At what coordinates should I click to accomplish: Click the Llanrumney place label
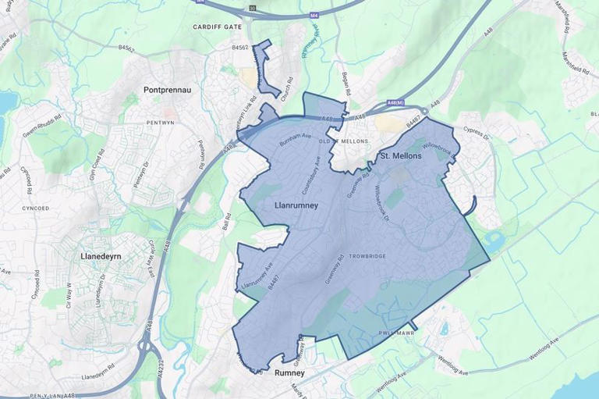[296, 205]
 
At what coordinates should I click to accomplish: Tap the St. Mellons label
[400, 156]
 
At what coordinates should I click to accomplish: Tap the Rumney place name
[290, 374]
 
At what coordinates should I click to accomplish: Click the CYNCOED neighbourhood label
[35, 208]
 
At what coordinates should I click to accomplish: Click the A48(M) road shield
[395, 102]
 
